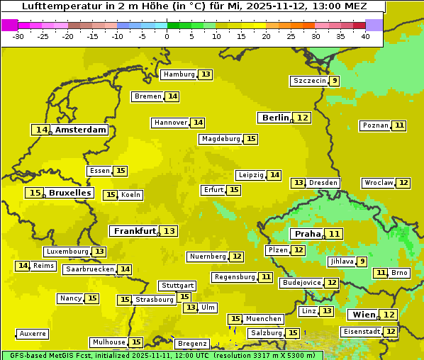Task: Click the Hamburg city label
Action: [179, 74]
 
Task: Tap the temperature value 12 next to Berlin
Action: [303, 118]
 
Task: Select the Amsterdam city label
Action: [81, 130]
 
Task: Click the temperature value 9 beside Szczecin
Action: [334, 81]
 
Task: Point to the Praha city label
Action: [308, 234]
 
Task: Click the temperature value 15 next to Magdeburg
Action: [251, 139]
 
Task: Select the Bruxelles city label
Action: [69, 193]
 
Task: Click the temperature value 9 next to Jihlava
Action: [362, 261]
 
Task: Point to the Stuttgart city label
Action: [177, 286]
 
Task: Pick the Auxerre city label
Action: [33, 334]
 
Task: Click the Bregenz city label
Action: [192, 344]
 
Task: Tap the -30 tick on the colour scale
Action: [18, 36]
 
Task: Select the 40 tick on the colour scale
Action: [365, 36]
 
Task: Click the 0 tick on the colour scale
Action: [167, 36]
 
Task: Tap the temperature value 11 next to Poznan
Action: [399, 125]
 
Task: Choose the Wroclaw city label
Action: [378, 183]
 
